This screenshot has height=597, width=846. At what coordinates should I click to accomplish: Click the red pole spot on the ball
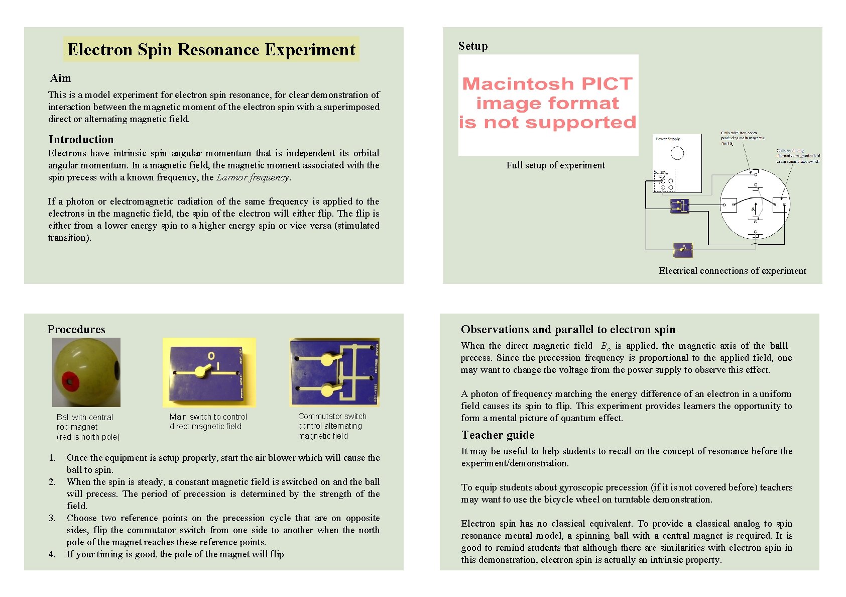pos(70,380)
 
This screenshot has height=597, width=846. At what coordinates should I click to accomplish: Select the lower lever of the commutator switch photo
pos(328,389)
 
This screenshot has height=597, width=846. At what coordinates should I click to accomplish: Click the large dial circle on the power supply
pos(677,153)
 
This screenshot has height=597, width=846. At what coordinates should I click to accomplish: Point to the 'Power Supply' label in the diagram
pos(668,139)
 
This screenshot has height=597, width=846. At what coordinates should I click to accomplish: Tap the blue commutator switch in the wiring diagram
pos(680,206)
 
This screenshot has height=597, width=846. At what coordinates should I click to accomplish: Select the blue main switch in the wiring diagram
pos(682,249)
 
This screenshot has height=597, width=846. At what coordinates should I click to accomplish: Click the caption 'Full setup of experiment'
pos(555,165)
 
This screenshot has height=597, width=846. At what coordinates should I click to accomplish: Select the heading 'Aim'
pos(60,78)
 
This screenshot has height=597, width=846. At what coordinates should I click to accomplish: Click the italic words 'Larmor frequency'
pos(253,177)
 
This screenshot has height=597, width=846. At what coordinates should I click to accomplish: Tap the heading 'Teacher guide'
pos(498,435)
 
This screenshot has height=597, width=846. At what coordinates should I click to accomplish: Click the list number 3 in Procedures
pos(52,518)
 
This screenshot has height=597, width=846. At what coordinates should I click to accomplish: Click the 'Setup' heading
pos(472,46)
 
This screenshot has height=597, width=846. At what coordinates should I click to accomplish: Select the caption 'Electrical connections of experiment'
pos(732,271)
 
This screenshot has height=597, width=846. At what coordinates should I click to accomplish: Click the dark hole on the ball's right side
pos(117,371)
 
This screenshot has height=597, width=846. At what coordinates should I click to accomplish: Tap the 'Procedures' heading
pos(76,329)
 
